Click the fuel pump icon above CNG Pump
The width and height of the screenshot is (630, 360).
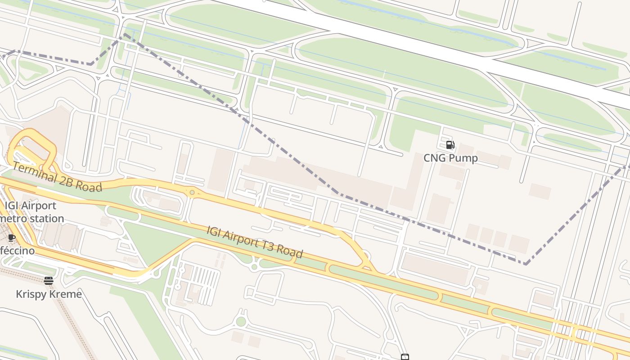click(x=450, y=145)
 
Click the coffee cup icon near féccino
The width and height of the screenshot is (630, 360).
click(x=12, y=238)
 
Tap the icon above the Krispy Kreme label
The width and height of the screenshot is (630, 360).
click(x=49, y=281)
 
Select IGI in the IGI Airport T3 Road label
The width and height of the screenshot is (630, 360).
click(x=214, y=231)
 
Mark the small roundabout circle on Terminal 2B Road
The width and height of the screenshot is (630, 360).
click(x=192, y=193)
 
